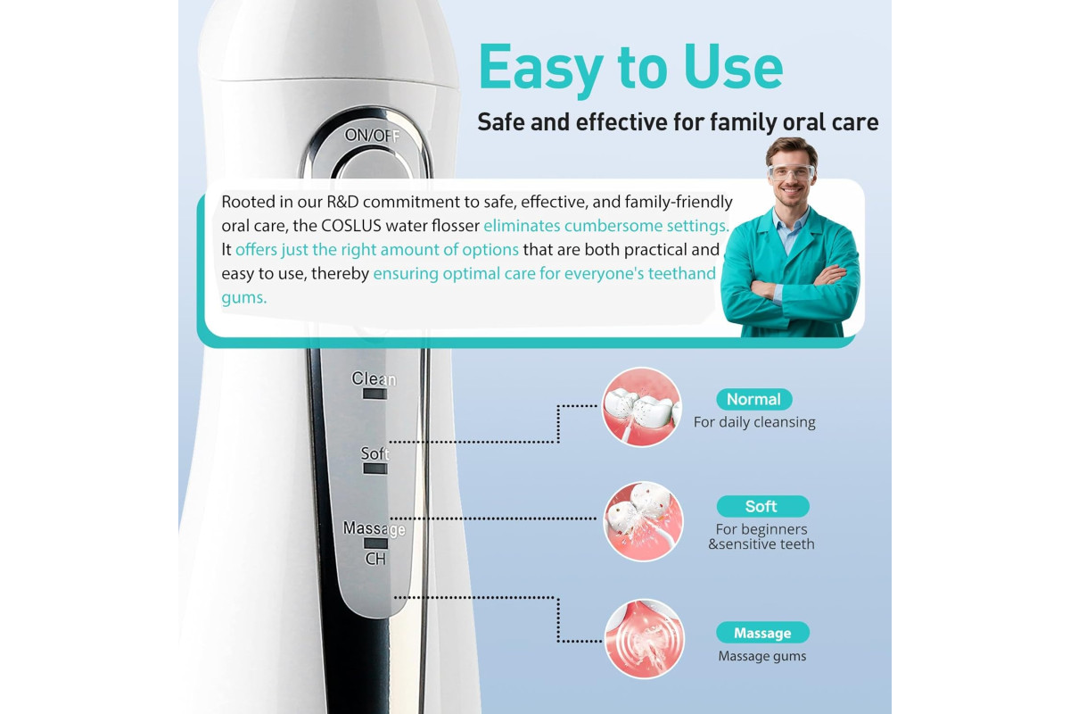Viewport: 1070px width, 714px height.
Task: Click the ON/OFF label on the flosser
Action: [372, 136]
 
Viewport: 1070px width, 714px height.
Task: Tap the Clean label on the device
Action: [374, 378]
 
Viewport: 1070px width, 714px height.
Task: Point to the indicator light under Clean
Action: [375, 394]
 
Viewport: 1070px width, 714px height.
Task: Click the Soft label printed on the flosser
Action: [375, 453]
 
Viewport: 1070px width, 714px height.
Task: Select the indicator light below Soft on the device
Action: [375, 469]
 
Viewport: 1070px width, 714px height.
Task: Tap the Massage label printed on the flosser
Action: [374, 529]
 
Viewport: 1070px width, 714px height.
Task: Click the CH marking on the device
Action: [375, 559]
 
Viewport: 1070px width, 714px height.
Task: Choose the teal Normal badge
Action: [753, 399]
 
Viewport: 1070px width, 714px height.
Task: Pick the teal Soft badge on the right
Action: [763, 506]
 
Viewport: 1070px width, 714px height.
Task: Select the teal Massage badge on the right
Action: [762, 633]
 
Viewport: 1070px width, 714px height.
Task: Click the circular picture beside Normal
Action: [641, 407]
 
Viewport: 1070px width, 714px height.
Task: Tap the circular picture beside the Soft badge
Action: [644, 521]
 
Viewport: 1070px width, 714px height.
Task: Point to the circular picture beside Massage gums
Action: [645, 639]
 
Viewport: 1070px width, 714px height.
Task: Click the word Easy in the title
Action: [541, 68]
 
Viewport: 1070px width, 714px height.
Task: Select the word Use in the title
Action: [733, 67]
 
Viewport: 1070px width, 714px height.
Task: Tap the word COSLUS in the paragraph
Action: [350, 226]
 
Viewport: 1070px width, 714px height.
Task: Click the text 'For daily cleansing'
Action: [754, 422]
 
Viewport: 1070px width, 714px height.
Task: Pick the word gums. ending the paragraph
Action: [244, 298]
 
